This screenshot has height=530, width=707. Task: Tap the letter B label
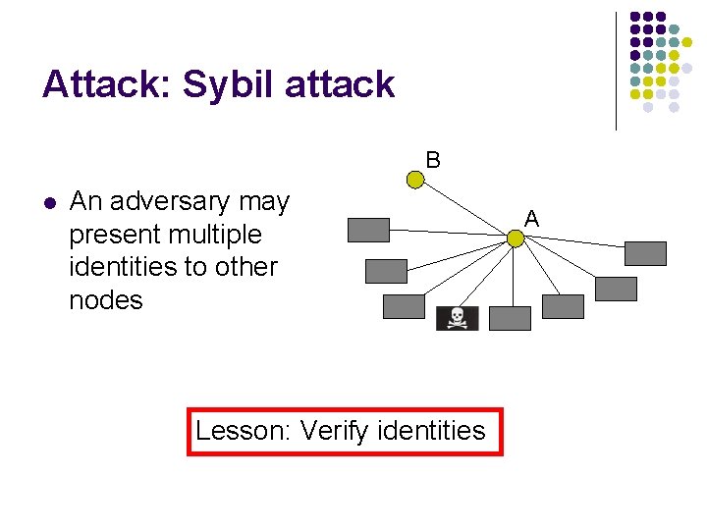433,159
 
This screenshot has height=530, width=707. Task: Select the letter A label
531,218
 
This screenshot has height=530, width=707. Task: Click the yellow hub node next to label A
515,238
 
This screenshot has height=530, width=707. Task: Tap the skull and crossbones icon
457,318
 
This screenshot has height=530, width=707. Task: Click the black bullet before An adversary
49,203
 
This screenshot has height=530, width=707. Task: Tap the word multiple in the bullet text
215,235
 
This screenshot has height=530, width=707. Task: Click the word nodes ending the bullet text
106,299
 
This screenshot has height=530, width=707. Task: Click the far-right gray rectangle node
645,253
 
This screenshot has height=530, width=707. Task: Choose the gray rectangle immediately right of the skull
510,318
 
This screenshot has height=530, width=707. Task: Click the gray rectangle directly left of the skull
403,306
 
